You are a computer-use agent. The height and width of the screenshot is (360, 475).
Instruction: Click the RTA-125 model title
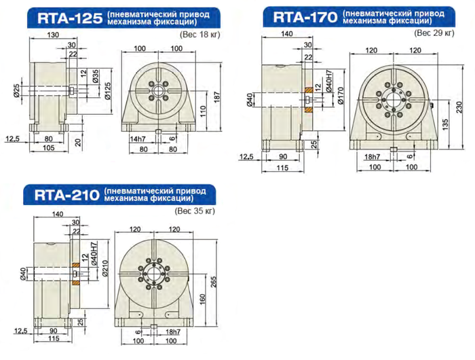tap(70, 18)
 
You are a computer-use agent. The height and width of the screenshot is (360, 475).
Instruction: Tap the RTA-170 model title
tap(305, 17)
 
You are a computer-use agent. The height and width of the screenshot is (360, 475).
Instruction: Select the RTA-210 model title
tap(67, 195)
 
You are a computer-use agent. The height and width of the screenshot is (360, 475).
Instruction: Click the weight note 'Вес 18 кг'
tap(200, 34)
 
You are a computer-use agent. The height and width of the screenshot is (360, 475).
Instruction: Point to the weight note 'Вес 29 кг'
tap(434, 33)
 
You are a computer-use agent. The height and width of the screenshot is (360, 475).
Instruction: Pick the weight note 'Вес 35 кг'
tap(195, 211)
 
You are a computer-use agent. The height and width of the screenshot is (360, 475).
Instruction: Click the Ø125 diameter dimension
tap(107, 91)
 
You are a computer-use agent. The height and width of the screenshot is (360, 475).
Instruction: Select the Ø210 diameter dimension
tap(105, 268)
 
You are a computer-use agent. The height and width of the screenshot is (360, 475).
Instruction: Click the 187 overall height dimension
tap(217, 96)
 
